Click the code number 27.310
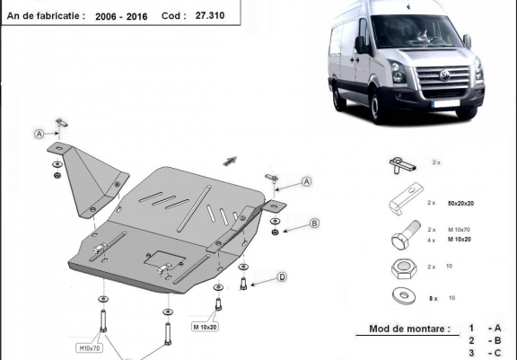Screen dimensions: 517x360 point(210,15)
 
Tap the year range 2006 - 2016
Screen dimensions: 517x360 point(121,16)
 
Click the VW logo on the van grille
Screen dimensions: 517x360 point(445,75)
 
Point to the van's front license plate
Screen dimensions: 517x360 point(446,103)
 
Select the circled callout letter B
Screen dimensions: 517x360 point(314,224)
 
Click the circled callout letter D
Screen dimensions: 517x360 point(282,277)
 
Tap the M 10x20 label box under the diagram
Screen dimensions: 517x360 point(205,327)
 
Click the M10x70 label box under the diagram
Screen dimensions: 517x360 point(90,347)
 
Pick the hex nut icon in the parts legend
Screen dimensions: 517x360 point(404,268)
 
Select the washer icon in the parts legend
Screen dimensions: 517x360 point(404,295)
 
